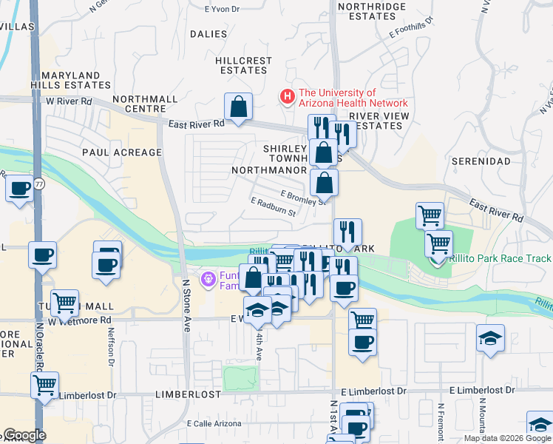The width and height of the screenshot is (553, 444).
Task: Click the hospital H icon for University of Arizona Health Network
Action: coord(285,96)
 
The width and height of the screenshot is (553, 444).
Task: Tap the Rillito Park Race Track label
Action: coord(501,258)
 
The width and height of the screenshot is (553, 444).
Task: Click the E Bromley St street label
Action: coord(303,196)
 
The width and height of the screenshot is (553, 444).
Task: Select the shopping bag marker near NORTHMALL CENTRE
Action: coord(239,108)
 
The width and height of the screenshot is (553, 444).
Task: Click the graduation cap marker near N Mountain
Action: coord(490,338)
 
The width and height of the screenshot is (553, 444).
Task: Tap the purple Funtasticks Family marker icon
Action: coord(209,279)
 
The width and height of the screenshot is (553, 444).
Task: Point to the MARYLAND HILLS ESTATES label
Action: coord(71,81)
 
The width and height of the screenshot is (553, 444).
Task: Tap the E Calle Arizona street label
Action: coord(214,423)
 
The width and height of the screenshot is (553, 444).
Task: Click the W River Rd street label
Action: coord(69,101)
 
